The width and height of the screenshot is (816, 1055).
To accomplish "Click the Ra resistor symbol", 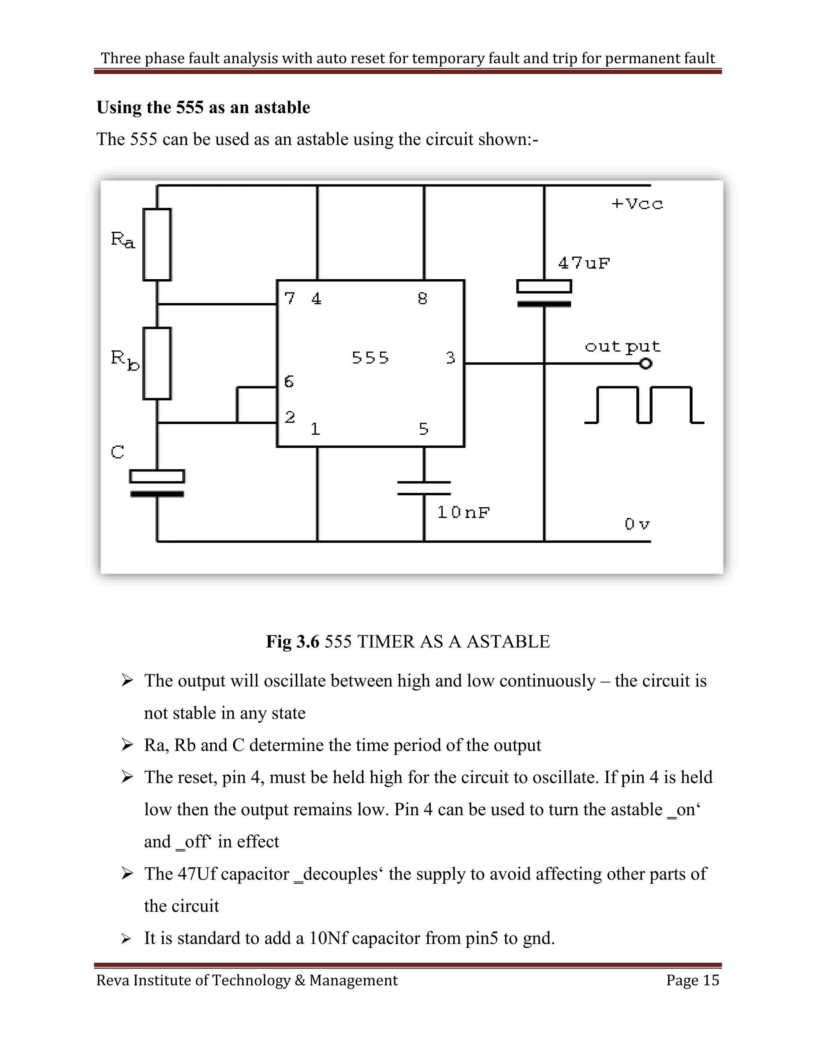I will point(157,244).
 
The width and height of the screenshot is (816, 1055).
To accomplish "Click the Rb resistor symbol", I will point(157,363).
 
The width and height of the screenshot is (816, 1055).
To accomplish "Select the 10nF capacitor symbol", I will point(424,488).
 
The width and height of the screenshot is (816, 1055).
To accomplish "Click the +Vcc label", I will point(637,204).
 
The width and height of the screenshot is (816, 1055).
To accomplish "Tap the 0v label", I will point(637,524).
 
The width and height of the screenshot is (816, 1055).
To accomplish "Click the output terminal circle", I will point(646,363).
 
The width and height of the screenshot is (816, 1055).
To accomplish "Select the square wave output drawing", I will point(644,405).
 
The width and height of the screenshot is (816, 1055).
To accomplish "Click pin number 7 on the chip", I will point(290,299).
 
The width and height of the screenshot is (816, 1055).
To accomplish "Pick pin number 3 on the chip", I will point(450,358).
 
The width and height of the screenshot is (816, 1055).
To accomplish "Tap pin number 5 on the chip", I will point(424,429).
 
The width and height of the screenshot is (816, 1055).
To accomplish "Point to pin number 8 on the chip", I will point(422,299).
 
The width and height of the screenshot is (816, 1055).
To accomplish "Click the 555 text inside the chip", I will point(370,358).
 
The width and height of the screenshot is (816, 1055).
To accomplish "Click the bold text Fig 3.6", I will point(292,641).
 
